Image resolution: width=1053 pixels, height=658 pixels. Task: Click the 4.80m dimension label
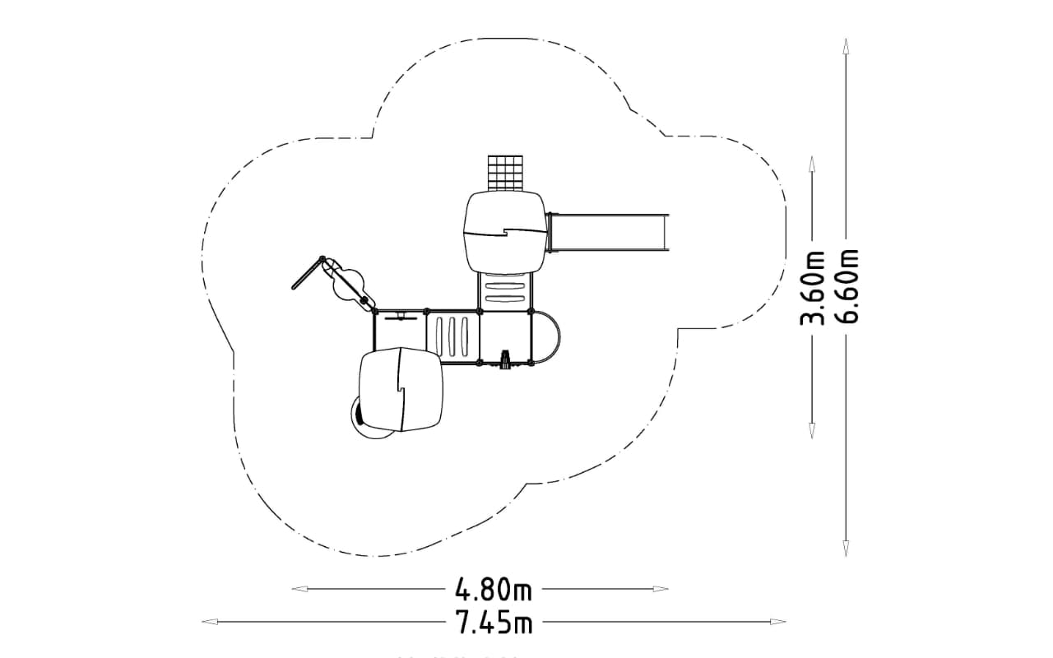click(494, 589)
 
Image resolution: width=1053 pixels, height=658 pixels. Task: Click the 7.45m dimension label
click(494, 623)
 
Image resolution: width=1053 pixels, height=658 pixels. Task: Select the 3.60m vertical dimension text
click(812, 288)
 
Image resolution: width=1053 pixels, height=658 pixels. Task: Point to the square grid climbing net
click(505, 174)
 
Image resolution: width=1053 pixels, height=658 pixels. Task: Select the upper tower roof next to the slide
click(504, 232)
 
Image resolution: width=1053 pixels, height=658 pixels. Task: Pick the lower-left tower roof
click(401, 389)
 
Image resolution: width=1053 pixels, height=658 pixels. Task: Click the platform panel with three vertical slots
click(452, 336)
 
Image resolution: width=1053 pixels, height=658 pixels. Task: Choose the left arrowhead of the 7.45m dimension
click(210, 623)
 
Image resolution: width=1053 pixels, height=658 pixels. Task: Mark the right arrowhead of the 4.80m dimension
click(660, 589)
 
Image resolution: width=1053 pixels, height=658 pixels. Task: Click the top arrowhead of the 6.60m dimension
click(847, 47)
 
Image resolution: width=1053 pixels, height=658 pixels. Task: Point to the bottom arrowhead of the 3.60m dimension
click(812, 430)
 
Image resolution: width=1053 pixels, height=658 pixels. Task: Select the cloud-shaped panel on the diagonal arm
click(348, 282)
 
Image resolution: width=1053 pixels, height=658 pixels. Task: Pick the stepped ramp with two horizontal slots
click(505, 292)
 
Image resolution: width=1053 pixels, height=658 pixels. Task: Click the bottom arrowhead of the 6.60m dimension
click(847, 549)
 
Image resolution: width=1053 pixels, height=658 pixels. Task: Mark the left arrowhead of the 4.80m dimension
click(300, 589)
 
